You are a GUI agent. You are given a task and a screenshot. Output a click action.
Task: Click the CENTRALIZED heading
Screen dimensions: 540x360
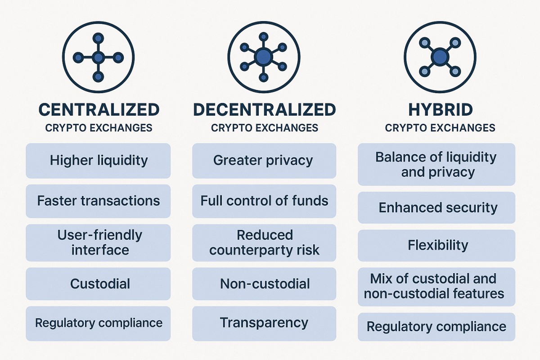99,110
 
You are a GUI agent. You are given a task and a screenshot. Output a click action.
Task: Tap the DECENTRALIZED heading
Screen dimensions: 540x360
265,110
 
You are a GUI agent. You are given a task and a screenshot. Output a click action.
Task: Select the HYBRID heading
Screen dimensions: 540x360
441,110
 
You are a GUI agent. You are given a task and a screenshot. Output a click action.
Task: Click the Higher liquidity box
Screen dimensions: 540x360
98,161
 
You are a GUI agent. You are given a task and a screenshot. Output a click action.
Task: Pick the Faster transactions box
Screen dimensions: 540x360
98,201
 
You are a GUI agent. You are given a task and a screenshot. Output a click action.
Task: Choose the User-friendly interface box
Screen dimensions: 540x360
98,243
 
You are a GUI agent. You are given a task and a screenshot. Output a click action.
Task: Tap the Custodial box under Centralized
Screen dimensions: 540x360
98,283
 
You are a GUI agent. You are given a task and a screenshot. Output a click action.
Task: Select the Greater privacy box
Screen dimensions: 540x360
264,161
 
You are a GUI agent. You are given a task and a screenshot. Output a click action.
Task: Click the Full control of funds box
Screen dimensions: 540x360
264,201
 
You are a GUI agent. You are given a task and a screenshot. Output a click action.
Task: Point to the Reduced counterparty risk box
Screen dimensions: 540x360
264,243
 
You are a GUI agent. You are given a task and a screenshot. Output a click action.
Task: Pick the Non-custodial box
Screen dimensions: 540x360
264,283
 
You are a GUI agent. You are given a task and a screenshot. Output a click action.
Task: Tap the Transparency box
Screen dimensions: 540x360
264,324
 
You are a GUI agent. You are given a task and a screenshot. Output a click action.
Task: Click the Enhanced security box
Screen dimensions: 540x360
436,207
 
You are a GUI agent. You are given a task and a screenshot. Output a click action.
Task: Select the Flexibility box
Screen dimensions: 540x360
436,245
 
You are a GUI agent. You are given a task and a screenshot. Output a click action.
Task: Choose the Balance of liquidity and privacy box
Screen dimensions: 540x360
436,164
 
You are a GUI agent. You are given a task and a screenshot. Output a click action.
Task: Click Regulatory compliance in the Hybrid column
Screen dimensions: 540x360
436,327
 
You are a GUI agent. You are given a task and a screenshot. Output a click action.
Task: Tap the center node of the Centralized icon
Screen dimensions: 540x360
98,58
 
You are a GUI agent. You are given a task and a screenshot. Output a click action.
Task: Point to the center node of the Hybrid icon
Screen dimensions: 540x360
440,57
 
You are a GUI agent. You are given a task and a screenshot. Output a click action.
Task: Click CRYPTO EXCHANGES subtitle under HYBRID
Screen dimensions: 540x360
440,128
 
